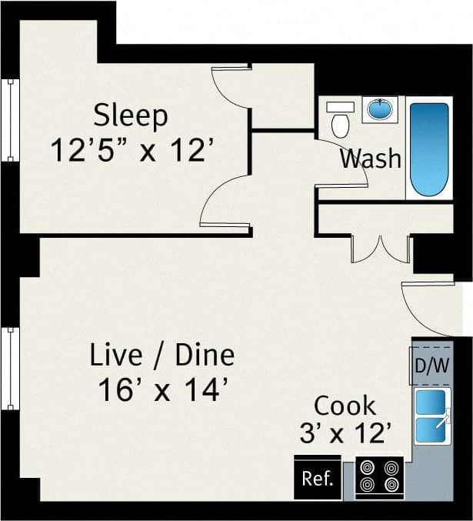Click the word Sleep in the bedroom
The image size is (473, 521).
[130, 115]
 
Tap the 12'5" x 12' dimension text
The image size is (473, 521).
[130, 149]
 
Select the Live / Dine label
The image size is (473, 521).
[162, 356]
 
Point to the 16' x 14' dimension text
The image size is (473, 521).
[162, 391]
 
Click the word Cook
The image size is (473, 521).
[345, 405]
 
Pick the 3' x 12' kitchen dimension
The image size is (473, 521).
[345, 433]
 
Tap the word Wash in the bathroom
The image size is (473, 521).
[371, 159]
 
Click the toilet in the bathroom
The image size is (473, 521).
[339, 119]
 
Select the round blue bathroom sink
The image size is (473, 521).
[379, 111]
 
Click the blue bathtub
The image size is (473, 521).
[428, 149]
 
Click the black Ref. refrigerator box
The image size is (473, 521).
[317, 479]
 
